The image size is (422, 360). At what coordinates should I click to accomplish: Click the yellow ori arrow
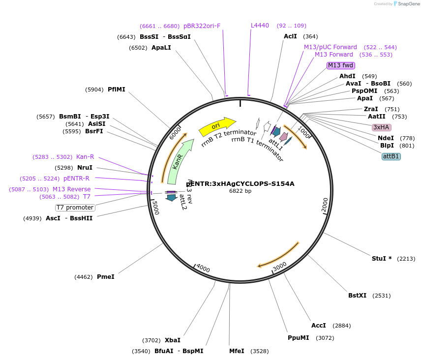216,126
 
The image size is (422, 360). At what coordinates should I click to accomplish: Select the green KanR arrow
178,161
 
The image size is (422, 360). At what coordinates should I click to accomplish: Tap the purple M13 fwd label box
341,65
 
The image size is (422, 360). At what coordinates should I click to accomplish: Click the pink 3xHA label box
381,127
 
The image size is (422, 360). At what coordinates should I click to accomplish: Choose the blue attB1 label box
391,156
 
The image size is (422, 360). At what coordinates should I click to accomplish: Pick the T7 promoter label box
75,208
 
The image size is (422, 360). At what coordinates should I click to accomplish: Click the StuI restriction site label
379,259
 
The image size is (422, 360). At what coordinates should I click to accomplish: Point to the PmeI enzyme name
105,277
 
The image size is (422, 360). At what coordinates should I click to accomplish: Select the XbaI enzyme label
172,340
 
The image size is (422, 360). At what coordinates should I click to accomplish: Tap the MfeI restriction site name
237,351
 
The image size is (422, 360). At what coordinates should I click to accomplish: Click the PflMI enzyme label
116,90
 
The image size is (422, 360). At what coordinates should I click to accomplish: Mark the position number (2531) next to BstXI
381,296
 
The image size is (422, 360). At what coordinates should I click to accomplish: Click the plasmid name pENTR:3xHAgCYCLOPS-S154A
240,184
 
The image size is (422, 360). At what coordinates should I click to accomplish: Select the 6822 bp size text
240,191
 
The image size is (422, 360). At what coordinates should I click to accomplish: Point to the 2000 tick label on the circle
325,205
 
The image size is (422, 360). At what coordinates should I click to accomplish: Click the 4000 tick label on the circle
203,268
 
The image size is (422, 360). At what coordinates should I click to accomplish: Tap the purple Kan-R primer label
85,156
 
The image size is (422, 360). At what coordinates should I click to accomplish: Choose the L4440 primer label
260,26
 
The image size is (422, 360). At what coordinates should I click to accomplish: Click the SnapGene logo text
409,4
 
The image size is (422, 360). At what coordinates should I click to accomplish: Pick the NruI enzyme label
85,168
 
